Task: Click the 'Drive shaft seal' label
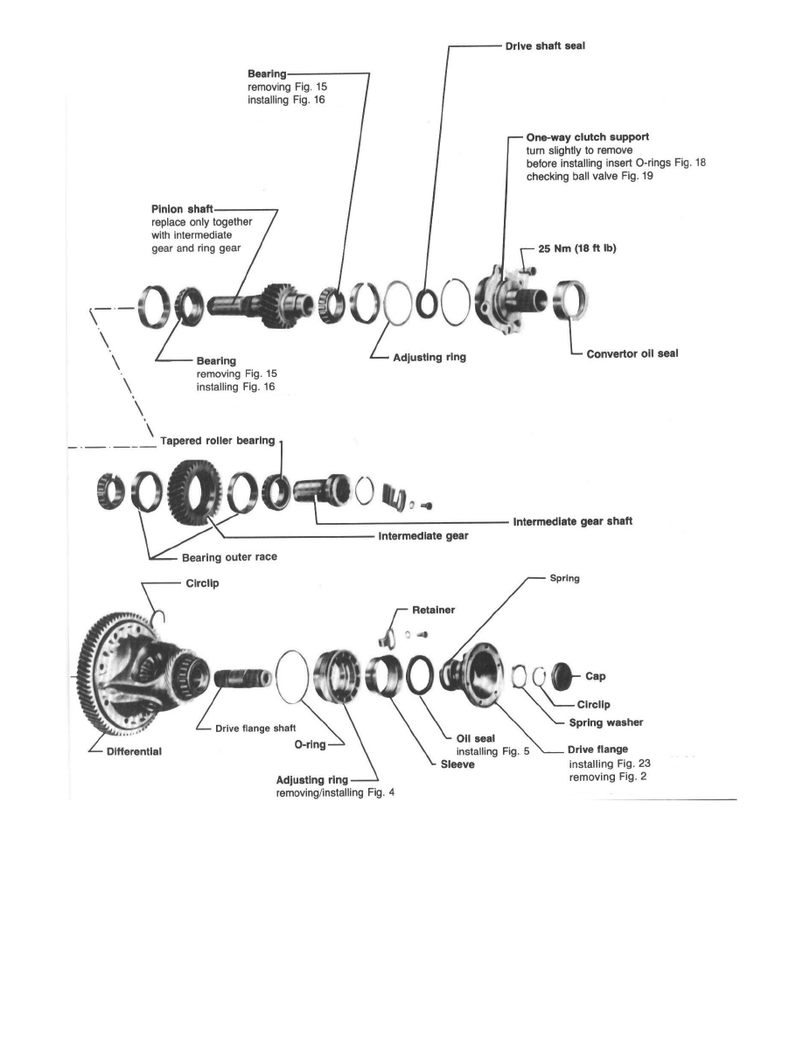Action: click(x=544, y=46)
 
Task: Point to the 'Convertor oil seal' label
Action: click(x=632, y=353)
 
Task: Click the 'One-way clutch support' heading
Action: click(x=587, y=137)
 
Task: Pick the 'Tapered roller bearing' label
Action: click(x=217, y=440)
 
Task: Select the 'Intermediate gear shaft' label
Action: click(x=572, y=521)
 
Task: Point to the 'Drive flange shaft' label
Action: click(x=248, y=728)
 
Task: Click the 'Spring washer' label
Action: click(x=605, y=722)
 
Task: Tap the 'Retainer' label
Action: click(x=430, y=610)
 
